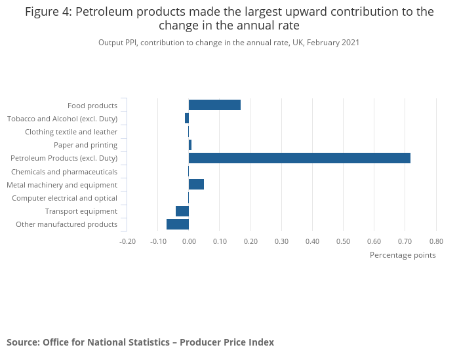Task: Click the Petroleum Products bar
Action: (299, 158)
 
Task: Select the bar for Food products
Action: (214, 105)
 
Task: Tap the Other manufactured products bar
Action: (178, 224)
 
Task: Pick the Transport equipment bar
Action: (182, 211)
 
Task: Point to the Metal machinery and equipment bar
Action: (196, 184)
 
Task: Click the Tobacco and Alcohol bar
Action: (187, 119)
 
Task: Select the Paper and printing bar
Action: (190, 145)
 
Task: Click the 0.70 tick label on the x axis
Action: (405, 241)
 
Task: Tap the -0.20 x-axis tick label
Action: (127, 241)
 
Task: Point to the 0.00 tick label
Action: (189, 241)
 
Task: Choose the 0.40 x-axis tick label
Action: (312, 241)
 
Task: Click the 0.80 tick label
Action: (435, 241)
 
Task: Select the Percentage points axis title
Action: (403, 255)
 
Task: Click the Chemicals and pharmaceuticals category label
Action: (64, 172)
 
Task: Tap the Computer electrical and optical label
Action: (64, 198)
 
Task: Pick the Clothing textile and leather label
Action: (71, 132)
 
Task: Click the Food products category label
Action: (92, 106)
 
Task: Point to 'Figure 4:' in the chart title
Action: (48, 12)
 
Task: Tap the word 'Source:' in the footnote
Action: (23, 342)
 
